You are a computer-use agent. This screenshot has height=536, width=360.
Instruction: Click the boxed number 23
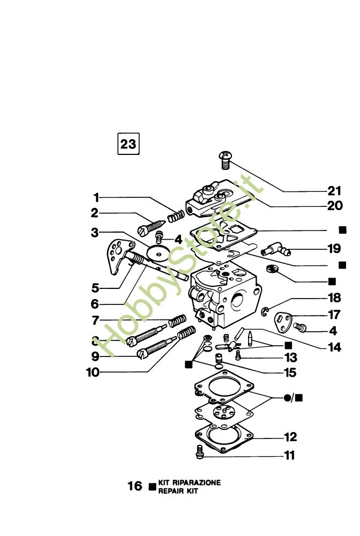[129, 144]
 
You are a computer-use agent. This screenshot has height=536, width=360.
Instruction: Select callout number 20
[335, 206]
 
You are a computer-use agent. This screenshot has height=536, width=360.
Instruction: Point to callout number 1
[96, 198]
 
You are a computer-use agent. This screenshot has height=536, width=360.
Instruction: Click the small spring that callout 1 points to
[176, 216]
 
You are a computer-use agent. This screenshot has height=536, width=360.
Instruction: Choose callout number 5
[95, 288]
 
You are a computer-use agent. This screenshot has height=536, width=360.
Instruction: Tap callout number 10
[93, 373]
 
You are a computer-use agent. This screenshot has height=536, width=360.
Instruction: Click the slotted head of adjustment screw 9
[142, 354]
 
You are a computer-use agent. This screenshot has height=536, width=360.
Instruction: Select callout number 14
[335, 347]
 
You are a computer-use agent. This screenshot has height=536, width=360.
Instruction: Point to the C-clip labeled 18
[265, 310]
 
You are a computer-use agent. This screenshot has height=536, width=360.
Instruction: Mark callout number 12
[290, 437]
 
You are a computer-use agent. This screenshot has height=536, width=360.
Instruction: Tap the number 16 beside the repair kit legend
[134, 486]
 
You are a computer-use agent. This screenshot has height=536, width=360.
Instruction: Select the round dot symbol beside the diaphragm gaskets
[287, 398]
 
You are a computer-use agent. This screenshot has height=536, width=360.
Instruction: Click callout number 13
[291, 358]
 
